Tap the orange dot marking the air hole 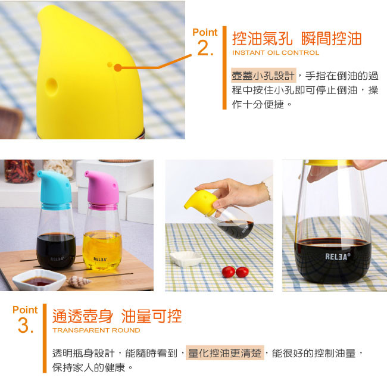(118, 68)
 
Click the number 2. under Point (205, 48)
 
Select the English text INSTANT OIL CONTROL (276, 52)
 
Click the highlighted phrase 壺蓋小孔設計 (263, 76)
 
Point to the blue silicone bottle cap (55, 189)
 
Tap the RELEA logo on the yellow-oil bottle (101, 259)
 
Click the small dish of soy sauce (39, 280)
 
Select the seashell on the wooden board (79, 282)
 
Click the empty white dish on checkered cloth (186, 258)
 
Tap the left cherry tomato (229, 271)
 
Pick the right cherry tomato (242, 272)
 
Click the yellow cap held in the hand (201, 202)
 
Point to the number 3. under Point (26, 326)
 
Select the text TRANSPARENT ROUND (96, 330)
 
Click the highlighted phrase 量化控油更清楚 (225, 353)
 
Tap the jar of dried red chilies (20, 171)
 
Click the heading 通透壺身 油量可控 (117, 316)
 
